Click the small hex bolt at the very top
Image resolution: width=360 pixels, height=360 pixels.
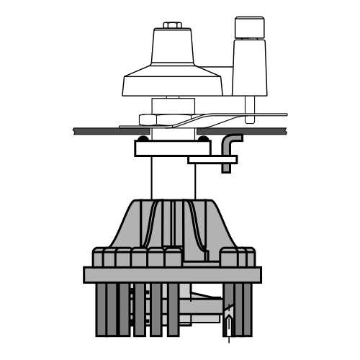coord(172,25)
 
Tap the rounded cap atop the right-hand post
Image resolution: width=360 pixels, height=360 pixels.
coord(249,27)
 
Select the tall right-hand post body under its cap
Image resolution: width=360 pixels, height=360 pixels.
coord(249,68)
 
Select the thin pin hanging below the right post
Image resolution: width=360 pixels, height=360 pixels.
coord(249,106)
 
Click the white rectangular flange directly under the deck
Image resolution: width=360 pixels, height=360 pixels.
coord(172,148)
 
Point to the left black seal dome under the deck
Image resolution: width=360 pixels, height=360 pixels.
coord(143,138)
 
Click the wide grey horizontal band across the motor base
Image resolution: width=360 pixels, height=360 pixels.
coord(172,274)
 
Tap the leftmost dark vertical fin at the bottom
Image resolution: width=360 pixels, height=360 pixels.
coord(102,310)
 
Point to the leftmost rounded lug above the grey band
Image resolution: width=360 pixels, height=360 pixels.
coord(99,257)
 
